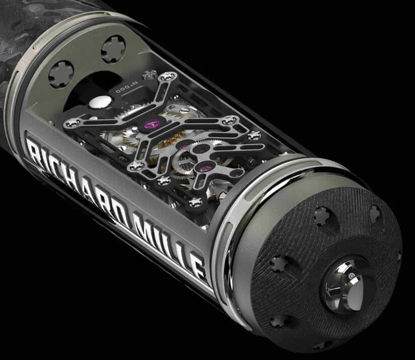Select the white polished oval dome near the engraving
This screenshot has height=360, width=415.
pos(99,102)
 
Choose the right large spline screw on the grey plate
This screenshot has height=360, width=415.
pos(113,49)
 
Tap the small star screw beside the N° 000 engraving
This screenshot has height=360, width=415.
pos(148,75)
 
